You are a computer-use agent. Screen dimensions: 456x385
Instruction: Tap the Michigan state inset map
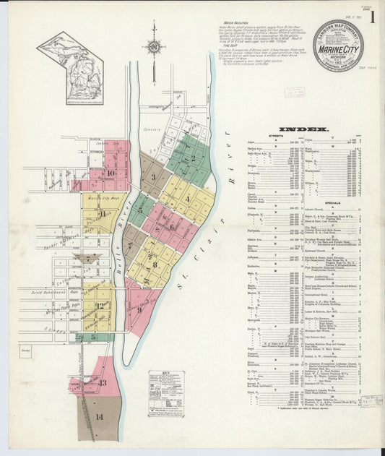71,58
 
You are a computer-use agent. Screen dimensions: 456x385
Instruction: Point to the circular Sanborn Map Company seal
338,46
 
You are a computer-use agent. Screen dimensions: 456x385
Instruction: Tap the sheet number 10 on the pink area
110,173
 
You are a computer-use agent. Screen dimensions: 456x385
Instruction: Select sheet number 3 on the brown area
152,175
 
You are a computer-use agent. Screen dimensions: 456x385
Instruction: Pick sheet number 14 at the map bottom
99,417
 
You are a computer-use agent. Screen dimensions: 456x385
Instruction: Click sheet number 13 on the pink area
103,383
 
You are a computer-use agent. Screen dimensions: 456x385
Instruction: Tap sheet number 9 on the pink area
139,309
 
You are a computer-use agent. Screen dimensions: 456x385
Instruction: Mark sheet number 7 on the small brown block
87,258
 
